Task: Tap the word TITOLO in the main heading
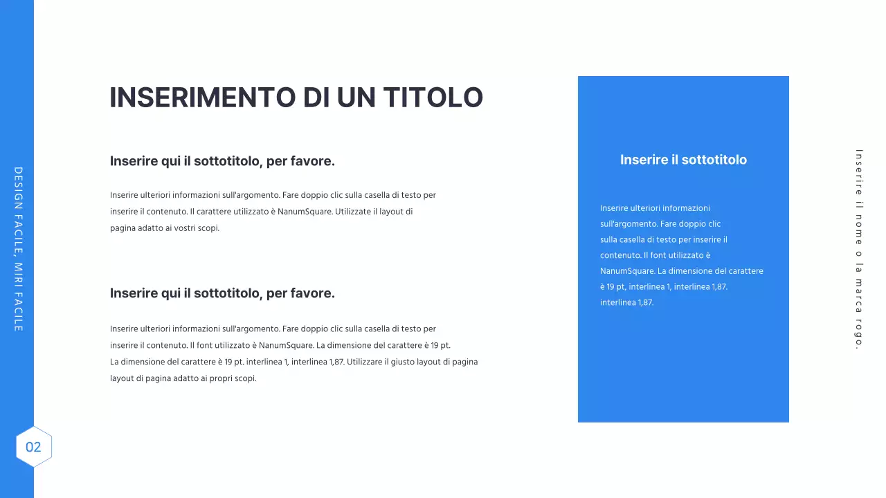click(x=433, y=98)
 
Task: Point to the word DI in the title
click(x=316, y=98)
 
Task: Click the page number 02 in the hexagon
click(x=33, y=447)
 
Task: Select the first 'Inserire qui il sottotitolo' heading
click(x=222, y=161)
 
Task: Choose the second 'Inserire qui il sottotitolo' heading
click(x=222, y=293)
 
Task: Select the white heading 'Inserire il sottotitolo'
click(x=683, y=160)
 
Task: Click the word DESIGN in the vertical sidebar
click(x=18, y=188)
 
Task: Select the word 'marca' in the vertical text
click(x=859, y=293)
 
